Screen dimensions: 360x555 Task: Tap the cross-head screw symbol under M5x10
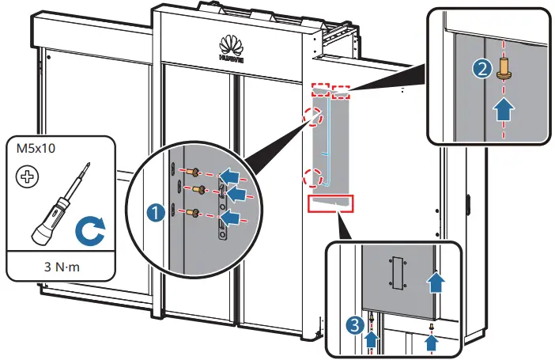[x=28, y=176]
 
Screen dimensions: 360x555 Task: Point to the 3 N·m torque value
[x=61, y=267]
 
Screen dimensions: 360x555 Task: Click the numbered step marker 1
[x=156, y=211]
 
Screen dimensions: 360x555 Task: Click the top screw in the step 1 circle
[x=192, y=171]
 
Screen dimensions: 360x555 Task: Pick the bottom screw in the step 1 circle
[x=192, y=211]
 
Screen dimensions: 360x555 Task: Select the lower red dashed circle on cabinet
[x=312, y=177]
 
